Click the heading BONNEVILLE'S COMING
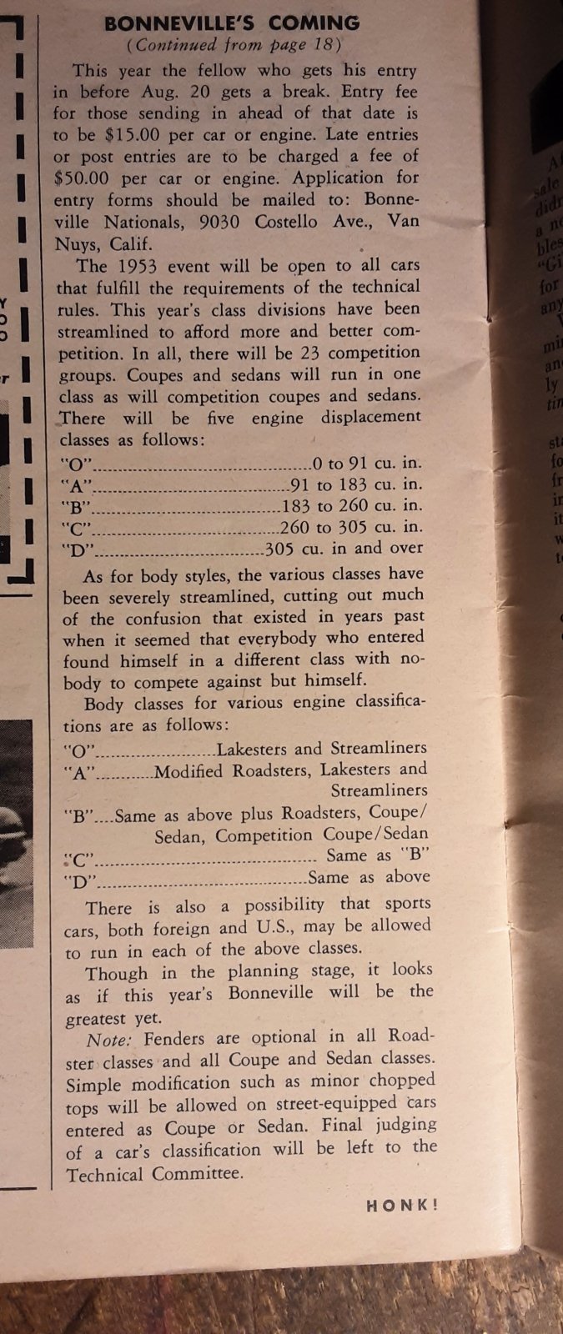tap(232, 23)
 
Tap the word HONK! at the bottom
tap(402, 1204)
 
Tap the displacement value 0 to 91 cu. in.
tap(368, 462)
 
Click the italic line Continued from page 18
tap(233, 44)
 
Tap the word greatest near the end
tap(97, 1018)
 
